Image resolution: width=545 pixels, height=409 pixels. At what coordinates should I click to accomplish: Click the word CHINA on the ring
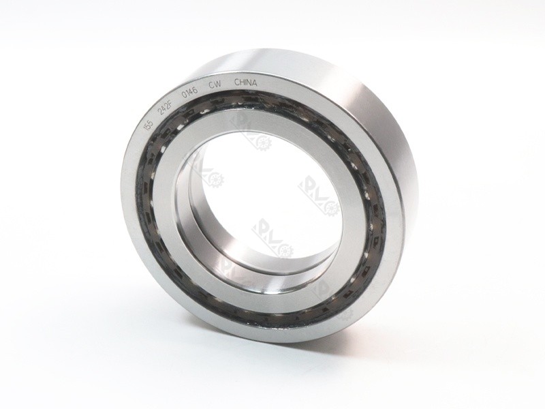[246, 83]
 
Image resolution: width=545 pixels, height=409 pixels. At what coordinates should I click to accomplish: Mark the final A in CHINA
[255, 84]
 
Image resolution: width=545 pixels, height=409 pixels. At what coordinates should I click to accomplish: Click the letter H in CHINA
[242, 83]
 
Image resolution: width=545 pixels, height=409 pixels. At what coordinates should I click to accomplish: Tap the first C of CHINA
[237, 83]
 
